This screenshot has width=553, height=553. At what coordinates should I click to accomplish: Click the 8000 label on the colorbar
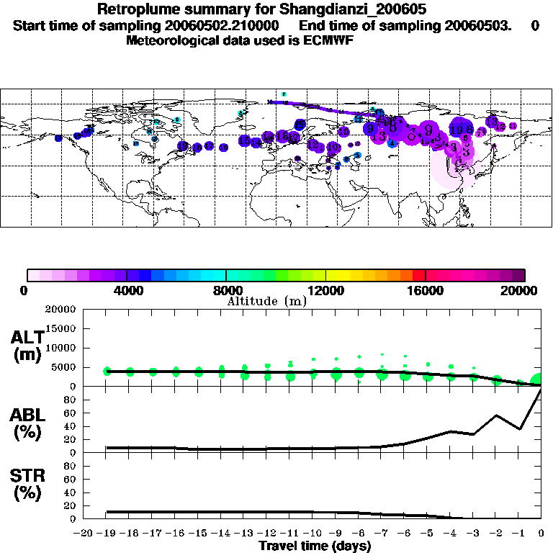point(225,291)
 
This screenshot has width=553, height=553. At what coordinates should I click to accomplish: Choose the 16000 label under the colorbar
point(426,291)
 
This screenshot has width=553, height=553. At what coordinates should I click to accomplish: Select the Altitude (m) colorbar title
point(266,301)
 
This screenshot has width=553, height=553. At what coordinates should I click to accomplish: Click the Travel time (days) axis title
point(315,547)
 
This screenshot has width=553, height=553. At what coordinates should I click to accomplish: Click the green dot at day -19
point(107,371)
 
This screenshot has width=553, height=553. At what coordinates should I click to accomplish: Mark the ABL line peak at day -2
point(496,415)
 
